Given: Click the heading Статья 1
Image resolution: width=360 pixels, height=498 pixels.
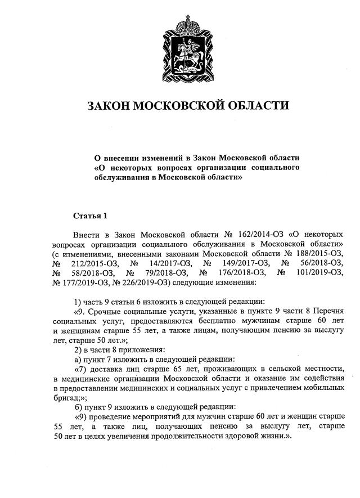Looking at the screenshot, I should point(89,216).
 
